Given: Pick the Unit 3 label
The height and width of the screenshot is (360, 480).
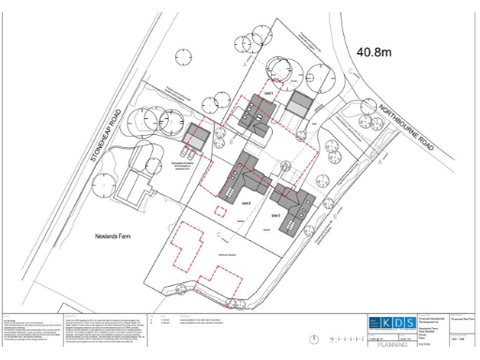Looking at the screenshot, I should tap(277, 216).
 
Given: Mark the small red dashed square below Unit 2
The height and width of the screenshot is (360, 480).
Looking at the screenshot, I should tap(221, 211).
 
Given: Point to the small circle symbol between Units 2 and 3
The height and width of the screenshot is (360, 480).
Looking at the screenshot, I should tap(284, 167).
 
